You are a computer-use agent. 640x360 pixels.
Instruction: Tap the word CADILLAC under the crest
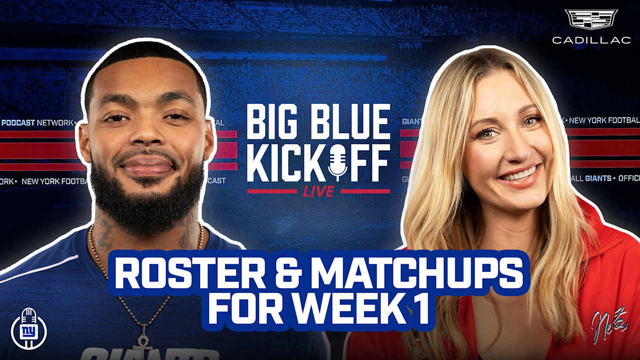click(591, 40)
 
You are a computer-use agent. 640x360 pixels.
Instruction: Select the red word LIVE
click(318, 191)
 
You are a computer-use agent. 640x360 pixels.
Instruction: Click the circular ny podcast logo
click(28, 329)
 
